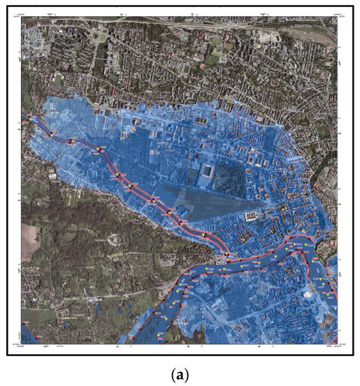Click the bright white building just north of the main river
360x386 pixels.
pos(252,218)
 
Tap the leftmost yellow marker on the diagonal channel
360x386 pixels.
pos(50,131)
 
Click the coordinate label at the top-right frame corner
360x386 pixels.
pos(330,15)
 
